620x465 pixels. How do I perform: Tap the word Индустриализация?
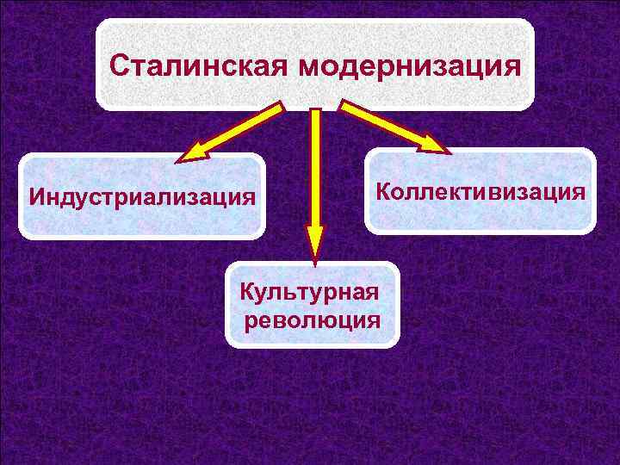pyautogui.click(x=143, y=197)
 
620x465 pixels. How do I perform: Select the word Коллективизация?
pyautogui.click(x=480, y=190)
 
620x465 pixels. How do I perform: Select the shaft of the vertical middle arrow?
pyautogui.click(x=315, y=164)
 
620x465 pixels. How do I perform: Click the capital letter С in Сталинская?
pyautogui.click(x=121, y=66)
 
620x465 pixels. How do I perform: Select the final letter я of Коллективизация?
pyautogui.click(x=580, y=191)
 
